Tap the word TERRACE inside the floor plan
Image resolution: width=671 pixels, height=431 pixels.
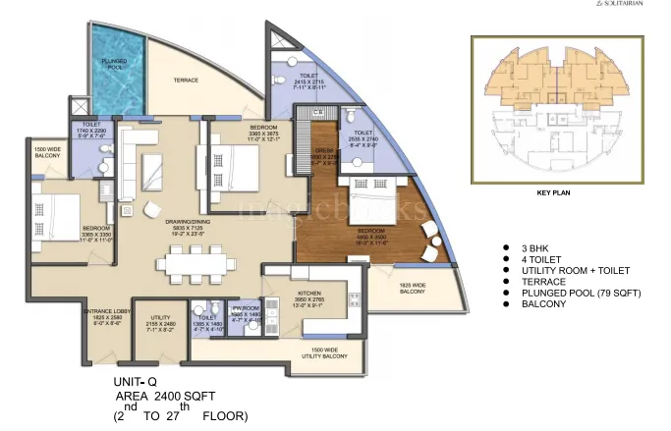coord(187,79)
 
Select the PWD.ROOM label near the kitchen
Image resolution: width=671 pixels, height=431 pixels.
coord(245,313)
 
